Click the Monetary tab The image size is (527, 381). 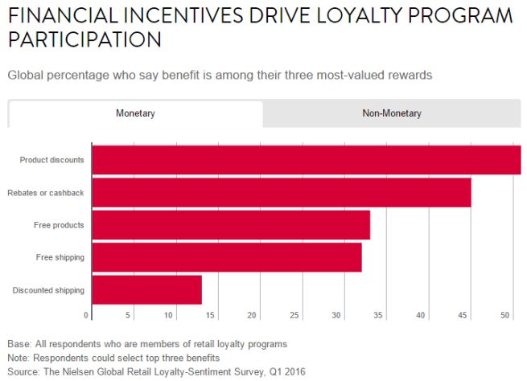tap(135, 113)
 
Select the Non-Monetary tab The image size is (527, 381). tap(391, 113)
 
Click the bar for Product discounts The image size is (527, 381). tap(306, 160)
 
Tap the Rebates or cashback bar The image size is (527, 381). tap(282, 193)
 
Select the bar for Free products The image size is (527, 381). tap(231, 225)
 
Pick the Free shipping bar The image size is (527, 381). tap(227, 257)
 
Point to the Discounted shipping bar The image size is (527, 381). tap(146, 289)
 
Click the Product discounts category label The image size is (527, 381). tap(51, 160)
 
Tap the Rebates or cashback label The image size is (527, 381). tap(46, 193)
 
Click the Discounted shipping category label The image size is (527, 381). tap(48, 290)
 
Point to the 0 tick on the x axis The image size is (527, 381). tap(86, 314)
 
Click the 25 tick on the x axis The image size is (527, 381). tap(294, 314)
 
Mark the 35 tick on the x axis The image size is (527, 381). tap(379, 314)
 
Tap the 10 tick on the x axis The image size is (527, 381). tap(169, 314)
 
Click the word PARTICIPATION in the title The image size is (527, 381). tap(84, 39)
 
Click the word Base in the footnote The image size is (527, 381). tap(19, 344)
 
